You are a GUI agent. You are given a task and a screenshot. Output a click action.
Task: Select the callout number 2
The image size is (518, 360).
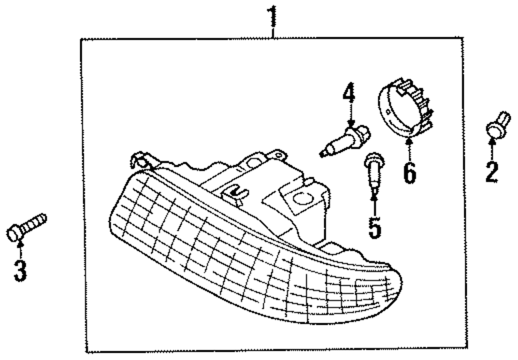click(x=492, y=172)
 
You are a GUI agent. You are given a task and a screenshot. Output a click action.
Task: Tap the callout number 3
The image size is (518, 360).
click(x=20, y=271)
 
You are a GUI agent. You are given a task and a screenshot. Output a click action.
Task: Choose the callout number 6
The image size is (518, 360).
click(x=409, y=172)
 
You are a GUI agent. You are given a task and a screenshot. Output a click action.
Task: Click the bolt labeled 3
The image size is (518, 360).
click(x=26, y=227)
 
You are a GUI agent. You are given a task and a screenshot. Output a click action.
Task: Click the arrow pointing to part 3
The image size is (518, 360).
click(x=20, y=249)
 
